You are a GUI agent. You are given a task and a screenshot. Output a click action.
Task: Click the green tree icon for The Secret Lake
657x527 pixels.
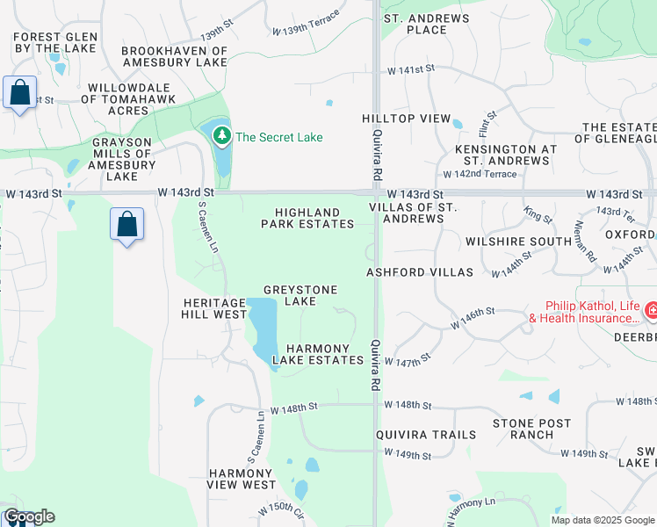click(221, 136)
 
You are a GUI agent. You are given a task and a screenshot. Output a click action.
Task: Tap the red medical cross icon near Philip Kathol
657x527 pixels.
click(651, 310)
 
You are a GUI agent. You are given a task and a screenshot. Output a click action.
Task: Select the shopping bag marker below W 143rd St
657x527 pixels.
click(127, 224)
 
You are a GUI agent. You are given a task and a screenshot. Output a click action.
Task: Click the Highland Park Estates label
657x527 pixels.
click(307, 218)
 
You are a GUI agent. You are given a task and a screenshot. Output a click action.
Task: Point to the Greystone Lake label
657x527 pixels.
click(301, 295)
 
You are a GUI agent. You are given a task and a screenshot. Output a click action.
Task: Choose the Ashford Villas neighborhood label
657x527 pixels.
click(421, 272)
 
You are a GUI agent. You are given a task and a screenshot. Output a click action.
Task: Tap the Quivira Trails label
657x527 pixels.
click(426, 435)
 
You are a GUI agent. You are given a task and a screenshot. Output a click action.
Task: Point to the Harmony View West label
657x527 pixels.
click(242, 479)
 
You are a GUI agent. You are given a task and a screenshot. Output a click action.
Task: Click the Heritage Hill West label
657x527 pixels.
click(214, 308)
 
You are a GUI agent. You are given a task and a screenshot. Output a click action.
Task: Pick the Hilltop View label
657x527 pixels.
click(406, 119)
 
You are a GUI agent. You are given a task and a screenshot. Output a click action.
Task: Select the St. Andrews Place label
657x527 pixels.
click(415, 24)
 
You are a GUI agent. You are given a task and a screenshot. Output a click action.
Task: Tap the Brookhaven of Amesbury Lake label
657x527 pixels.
click(174, 56)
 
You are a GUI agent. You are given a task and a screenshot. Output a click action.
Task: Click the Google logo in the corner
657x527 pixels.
click(28, 516)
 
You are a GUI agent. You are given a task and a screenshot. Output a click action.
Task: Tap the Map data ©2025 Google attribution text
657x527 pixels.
click(602, 520)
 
